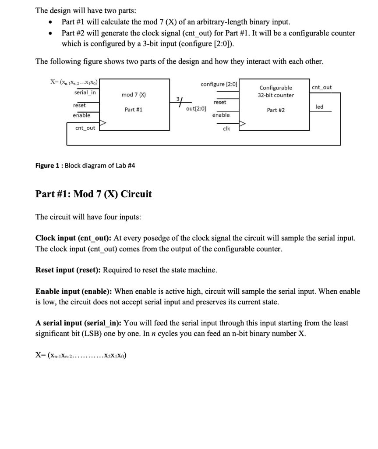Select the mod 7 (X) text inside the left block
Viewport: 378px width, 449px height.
tap(134, 94)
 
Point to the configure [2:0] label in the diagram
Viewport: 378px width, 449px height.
tap(219, 84)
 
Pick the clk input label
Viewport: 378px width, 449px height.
tap(226, 128)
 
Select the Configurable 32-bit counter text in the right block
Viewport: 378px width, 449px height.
tap(276, 91)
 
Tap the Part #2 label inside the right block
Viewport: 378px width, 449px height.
tap(276, 110)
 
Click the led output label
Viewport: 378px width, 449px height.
tap(319, 107)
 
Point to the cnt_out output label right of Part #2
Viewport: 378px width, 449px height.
tap(322, 87)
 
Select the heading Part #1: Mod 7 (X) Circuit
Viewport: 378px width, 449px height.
tap(93, 194)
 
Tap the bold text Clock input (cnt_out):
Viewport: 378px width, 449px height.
tap(74, 238)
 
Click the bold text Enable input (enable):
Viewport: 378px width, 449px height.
tap(72, 291)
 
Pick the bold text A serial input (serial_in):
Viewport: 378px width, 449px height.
tap(79, 323)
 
